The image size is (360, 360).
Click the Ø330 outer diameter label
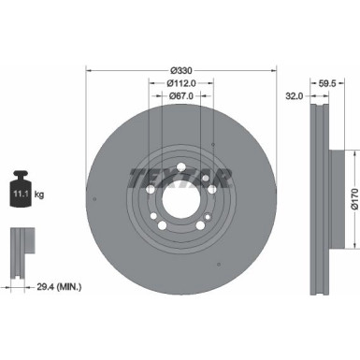[180, 69]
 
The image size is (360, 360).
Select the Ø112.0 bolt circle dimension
[180, 85]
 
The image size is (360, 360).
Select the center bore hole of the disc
[180, 198]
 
